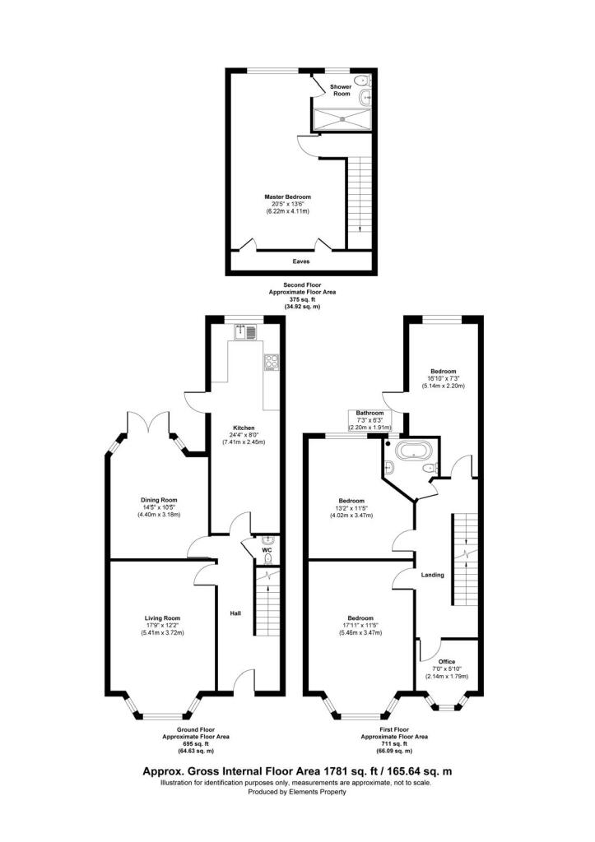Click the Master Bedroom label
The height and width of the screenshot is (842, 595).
(x=287, y=197)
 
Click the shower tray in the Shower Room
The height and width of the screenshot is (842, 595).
(x=340, y=120)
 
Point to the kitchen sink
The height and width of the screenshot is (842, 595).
(x=246, y=332)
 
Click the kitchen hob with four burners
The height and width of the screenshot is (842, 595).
(x=271, y=362)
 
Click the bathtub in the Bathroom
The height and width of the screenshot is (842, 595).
(x=408, y=451)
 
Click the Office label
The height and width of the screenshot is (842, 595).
(x=447, y=661)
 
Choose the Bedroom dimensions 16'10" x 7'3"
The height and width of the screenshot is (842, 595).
(x=443, y=378)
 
